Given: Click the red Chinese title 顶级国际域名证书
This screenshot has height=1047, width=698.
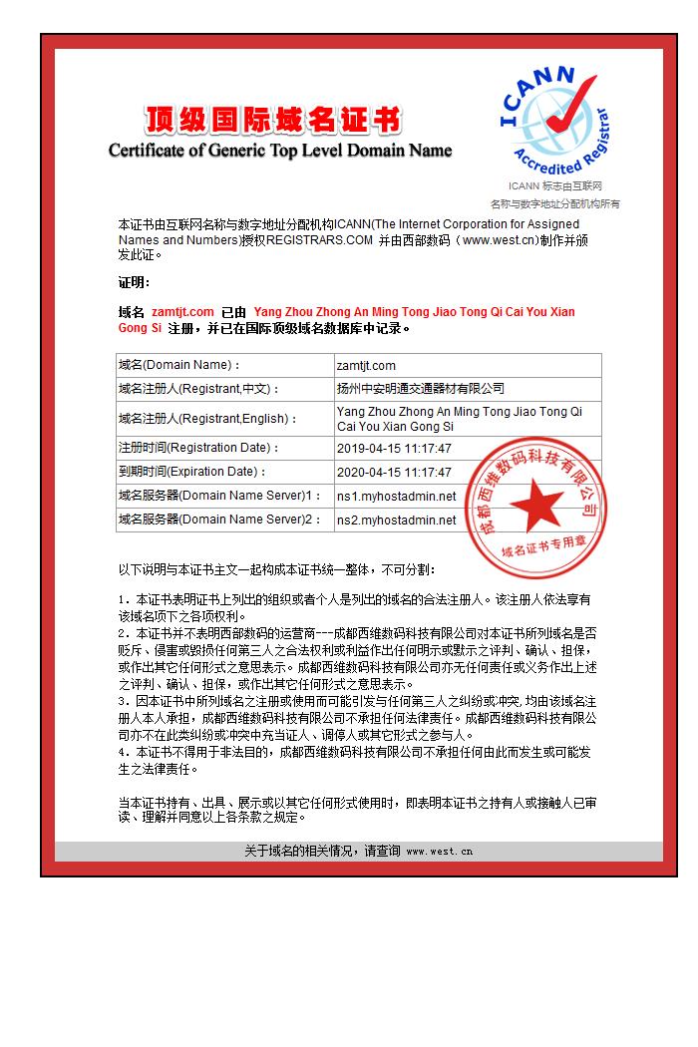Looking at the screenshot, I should pos(272,121).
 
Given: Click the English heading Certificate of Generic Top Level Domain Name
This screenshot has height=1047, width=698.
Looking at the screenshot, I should pos(280,151).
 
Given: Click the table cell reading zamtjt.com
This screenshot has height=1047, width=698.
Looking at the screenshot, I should pos(366,366).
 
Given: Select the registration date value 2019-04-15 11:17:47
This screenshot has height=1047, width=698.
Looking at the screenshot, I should pos(394,449).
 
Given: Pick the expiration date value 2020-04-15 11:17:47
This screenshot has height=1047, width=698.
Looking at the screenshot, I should pos(394,473).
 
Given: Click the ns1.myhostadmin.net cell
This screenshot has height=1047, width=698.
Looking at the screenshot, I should pos(396,497).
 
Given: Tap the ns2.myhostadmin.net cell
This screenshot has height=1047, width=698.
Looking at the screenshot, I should pos(396,521).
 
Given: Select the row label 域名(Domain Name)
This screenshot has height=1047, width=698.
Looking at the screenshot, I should pos(179,366).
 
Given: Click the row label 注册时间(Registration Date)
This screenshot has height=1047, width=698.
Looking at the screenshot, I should pos(198,449).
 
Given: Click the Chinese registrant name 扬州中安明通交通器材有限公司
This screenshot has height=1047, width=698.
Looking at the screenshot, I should pos(421,389).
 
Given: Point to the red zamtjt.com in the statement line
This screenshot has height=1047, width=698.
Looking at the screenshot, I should pos(182,312).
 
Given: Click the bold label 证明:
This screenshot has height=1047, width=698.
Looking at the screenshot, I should pos(135,282).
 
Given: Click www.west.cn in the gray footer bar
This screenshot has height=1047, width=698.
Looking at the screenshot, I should pos(439,852).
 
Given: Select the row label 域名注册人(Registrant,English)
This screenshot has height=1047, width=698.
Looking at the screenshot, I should pos(207,419).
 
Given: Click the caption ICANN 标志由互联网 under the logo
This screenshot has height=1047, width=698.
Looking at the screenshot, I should pos(554,186).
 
